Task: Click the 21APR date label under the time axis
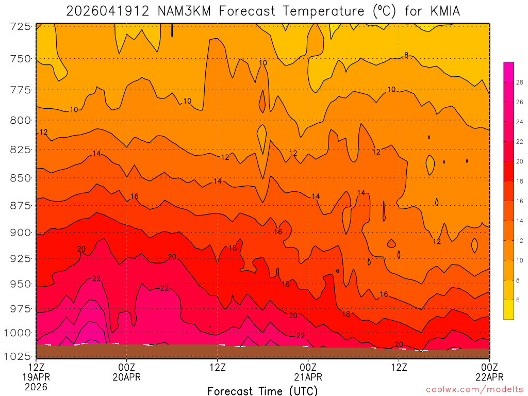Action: (x=308, y=377)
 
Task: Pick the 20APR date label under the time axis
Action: (x=127, y=377)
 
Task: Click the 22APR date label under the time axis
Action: (x=489, y=377)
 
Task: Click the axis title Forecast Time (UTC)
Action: (x=262, y=390)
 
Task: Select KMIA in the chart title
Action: (x=442, y=11)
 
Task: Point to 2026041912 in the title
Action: (x=107, y=11)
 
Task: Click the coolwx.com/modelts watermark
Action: (x=474, y=389)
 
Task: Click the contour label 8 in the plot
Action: (x=406, y=55)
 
